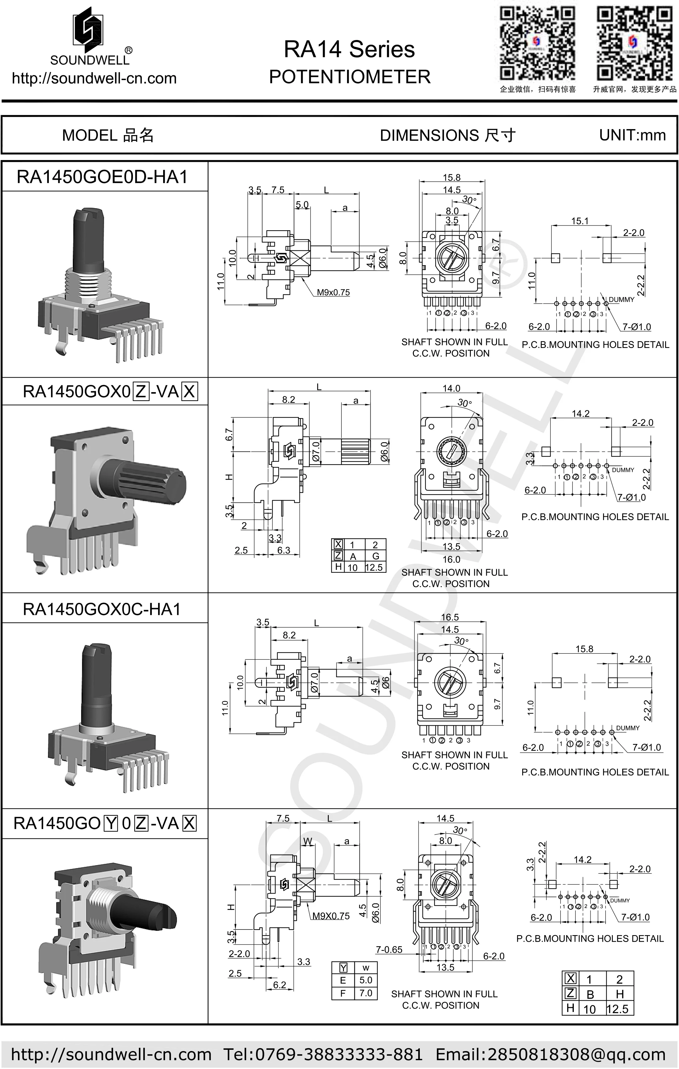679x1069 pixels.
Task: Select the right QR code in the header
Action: coord(634,43)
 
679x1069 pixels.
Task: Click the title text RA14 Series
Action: coord(349,49)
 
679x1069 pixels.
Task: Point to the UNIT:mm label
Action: coord(632,135)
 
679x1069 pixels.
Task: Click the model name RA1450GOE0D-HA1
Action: coord(102,177)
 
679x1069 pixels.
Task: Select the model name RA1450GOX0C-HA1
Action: coord(102,609)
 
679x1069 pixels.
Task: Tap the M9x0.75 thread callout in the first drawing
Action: coord(333,293)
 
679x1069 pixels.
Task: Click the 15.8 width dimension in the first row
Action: coord(451,178)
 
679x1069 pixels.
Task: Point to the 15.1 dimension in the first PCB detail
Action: coord(579,221)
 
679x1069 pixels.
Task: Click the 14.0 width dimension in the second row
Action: coord(451,388)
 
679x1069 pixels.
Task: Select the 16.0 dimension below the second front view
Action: coord(451,559)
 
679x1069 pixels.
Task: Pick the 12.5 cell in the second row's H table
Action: coord(374,567)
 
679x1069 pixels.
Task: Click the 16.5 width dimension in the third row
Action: coord(449,617)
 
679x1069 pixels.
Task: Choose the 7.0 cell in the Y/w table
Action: coord(366,993)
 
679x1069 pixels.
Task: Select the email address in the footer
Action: coord(550,1054)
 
